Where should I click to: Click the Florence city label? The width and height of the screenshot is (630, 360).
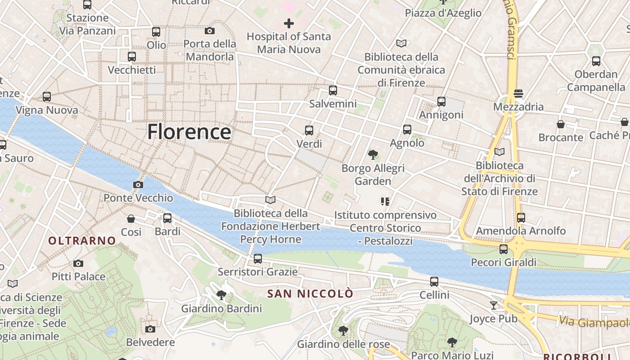[189, 132]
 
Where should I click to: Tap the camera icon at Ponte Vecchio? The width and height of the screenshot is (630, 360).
[138, 184]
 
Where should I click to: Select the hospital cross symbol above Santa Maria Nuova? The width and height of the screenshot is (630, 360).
[289, 23]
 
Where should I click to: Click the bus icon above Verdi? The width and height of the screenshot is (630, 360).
[309, 130]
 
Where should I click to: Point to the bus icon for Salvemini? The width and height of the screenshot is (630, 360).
[333, 90]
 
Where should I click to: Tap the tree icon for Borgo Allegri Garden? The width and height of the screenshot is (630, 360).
[373, 155]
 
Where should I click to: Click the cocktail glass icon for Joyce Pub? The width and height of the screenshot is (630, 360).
[494, 306]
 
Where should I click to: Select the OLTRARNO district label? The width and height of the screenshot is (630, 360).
[82, 241]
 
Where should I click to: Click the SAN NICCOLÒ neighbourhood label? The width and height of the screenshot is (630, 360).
[310, 294]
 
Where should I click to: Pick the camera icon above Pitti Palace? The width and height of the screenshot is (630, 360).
[78, 263]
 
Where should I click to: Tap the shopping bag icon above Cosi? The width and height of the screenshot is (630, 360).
[131, 219]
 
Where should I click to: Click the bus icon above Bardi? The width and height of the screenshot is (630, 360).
[167, 218]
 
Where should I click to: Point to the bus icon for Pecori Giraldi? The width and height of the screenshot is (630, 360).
[504, 249]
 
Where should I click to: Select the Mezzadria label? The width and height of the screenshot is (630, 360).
[518, 107]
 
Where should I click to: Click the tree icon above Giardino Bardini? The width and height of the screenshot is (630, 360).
[221, 295]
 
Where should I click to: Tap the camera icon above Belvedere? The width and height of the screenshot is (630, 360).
[150, 329]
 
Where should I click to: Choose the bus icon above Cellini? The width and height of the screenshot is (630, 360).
[434, 282]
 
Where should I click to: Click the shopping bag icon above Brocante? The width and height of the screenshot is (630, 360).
[561, 124]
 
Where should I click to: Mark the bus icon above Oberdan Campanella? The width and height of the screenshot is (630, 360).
[596, 61]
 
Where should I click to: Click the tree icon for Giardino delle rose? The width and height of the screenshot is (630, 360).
[343, 331]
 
